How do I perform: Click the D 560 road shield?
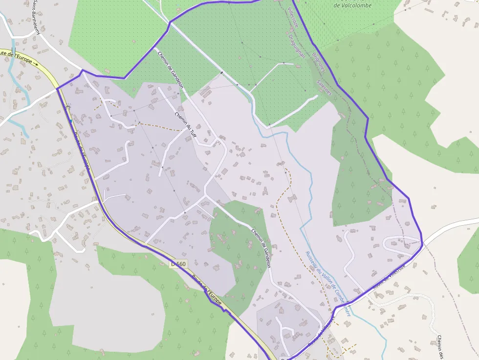[x=179, y=264]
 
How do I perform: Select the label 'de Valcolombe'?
[x=352, y=5]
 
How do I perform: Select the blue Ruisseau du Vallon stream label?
[x=327, y=283]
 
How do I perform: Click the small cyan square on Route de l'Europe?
[x=71, y=121]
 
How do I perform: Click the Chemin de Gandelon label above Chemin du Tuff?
[x=170, y=69]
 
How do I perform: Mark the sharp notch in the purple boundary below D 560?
[x=211, y=298]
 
